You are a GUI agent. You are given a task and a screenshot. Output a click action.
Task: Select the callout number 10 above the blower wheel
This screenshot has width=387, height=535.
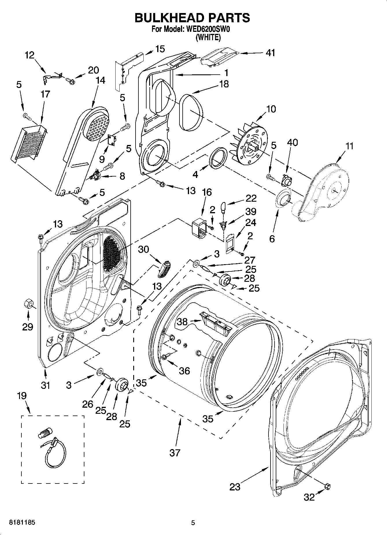click(271, 109)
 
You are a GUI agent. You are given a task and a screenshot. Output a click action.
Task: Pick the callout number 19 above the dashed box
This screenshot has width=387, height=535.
click(22, 396)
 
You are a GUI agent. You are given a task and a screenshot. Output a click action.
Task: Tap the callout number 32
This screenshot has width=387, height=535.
click(309, 497)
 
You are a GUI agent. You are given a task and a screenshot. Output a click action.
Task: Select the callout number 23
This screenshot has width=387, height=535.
click(235, 487)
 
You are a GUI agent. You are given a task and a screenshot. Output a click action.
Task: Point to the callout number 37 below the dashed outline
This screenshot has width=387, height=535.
click(175, 453)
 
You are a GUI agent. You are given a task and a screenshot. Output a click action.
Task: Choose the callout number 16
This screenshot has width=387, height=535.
click(207, 192)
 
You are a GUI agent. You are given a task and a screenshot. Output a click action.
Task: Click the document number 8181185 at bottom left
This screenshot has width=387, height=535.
click(22, 523)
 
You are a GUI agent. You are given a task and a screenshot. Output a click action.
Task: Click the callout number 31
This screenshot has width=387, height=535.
click(45, 385)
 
